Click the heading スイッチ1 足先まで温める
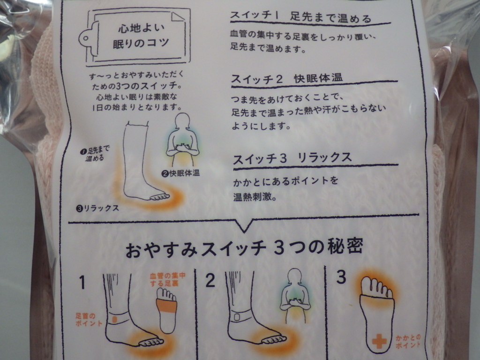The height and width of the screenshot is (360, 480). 300,17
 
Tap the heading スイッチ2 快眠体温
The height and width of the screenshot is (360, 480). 287,79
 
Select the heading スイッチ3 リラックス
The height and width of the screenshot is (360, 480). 292,158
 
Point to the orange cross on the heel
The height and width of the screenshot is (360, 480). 379,341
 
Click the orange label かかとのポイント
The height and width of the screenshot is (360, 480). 407,341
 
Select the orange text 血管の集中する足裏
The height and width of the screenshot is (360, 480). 167,279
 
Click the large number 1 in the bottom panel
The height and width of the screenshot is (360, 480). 82,282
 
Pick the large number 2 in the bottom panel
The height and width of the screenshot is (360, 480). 210,280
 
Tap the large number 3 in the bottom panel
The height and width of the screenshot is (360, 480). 341,277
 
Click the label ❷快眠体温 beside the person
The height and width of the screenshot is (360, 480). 180,173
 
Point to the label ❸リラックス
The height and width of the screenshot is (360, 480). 97,208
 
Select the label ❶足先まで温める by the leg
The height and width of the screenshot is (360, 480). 95,154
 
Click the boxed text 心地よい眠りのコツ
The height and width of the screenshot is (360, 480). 141,36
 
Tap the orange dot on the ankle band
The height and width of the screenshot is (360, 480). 114,319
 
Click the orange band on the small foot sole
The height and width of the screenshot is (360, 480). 166,306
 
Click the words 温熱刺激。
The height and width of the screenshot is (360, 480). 255,197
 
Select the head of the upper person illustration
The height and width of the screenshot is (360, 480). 182,121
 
